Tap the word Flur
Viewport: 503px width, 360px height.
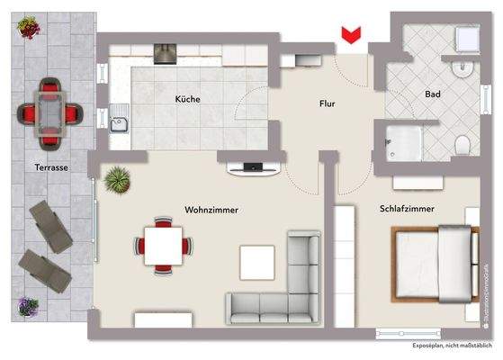[x=327, y=104]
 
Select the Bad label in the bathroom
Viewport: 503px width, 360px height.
[x=432, y=94]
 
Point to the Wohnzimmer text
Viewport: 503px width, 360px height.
[x=211, y=209]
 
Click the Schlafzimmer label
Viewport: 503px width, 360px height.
[x=408, y=209]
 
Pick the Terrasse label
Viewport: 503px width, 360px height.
[x=35, y=168]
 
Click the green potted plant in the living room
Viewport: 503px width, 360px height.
[x=115, y=180]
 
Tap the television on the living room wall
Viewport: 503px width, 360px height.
[x=253, y=167]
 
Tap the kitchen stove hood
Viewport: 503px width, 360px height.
[x=166, y=54]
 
